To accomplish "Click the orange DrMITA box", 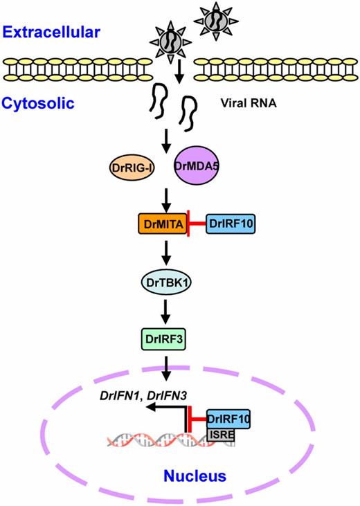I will pyautogui.click(x=163, y=225).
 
